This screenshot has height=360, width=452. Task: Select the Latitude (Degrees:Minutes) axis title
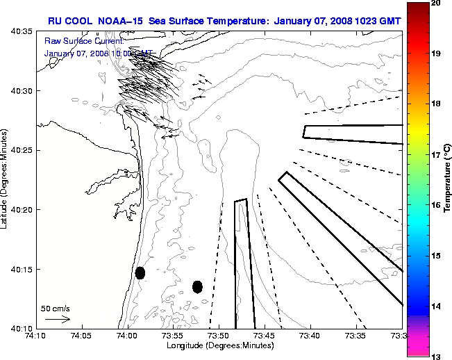coord(6,179)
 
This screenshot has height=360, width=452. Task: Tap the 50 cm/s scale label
coord(55,308)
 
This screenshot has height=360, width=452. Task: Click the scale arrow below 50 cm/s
coord(56,319)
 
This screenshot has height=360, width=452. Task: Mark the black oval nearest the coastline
coord(140,272)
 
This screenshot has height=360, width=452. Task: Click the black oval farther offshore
coord(197,286)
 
